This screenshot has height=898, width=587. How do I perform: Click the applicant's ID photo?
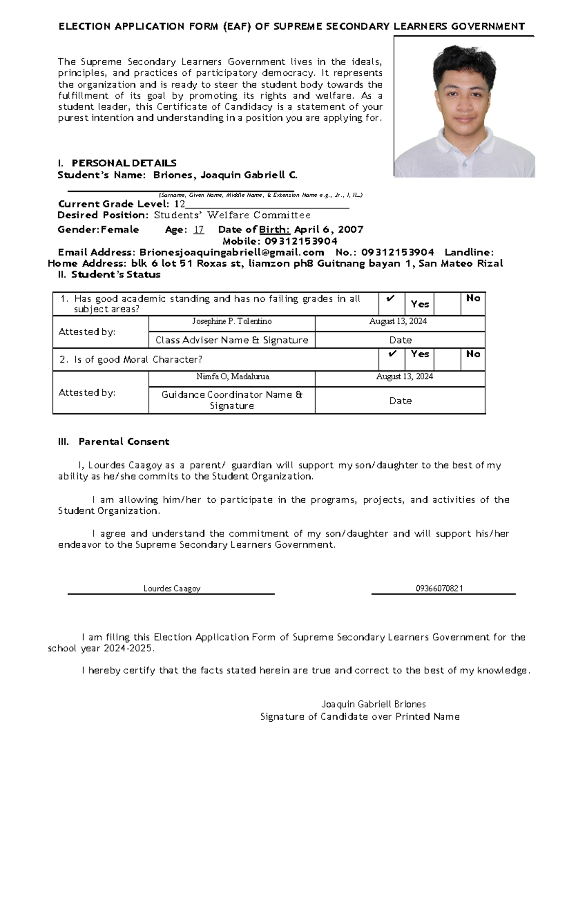pyautogui.click(x=464, y=107)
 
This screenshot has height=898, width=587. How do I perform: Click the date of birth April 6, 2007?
pyautogui.click(x=328, y=230)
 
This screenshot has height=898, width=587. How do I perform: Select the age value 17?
pyautogui.click(x=199, y=230)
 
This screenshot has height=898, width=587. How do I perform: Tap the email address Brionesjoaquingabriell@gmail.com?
pyautogui.click(x=232, y=253)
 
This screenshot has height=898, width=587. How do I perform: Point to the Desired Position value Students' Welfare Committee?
pyautogui.click(x=232, y=215)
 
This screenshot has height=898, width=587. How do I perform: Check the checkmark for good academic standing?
pyautogui.click(x=391, y=298)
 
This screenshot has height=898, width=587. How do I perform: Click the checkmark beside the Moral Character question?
pyautogui.click(x=391, y=354)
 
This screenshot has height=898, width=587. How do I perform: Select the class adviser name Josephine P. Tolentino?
pyautogui.click(x=232, y=322)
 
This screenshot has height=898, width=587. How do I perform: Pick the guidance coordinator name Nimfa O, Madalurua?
pyautogui.click(x=232, y=377)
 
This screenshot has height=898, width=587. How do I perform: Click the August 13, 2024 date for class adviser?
pyautogui.click(x=398, y=322)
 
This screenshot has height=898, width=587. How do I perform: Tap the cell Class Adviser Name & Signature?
pyautogui.click(x=232, y=340)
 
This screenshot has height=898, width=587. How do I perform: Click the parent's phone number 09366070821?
pyautogui.click(x=439, y=589)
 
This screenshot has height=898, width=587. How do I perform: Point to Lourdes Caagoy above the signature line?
pyautogui.click(x=172, y=589)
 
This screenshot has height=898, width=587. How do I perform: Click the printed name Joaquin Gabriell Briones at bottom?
pyautogui.click(x=373, y=705)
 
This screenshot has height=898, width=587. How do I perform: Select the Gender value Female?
pyautogui.click(x=120, y=230)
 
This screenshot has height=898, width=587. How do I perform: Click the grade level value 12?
pyautogui.click(x=180, y=204)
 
